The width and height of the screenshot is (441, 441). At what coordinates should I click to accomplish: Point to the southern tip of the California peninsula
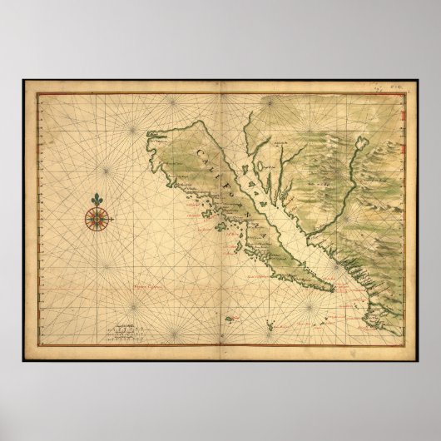pyautogui.click(x=333, y=290)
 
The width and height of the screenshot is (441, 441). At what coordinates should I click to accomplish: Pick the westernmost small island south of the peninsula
pyautogui.click(x=229, y=309)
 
